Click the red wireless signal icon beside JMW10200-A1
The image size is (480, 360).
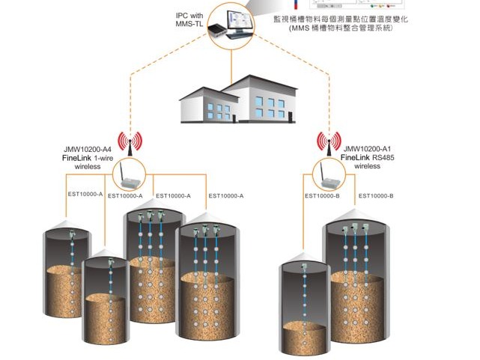coord(329,140)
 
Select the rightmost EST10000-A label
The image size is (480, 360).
coord(226,196)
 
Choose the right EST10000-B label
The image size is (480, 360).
coord(376,196)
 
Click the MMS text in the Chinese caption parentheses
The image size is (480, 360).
coord(302,29)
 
